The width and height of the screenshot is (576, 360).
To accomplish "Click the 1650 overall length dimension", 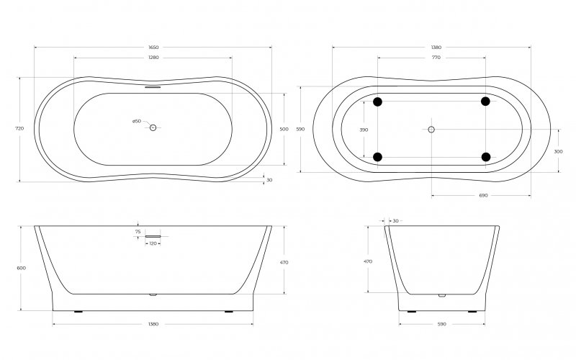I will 153,48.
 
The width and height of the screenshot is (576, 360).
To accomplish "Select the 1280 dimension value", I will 153,58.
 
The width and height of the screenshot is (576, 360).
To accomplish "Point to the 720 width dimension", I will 19,128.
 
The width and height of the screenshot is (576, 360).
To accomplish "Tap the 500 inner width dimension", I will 284,129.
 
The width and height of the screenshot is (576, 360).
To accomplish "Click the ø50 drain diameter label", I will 137,121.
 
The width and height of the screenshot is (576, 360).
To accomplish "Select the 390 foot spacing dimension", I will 364,129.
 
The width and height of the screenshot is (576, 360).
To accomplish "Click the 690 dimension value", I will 483,195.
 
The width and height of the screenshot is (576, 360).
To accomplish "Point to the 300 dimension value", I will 559,152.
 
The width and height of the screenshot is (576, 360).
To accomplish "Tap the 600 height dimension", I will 21,268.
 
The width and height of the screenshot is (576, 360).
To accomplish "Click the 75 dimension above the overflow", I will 137,232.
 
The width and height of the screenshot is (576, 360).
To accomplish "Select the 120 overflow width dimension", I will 153,244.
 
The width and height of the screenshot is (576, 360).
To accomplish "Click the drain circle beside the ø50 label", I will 153,127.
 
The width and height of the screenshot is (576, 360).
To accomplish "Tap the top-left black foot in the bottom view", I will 378,101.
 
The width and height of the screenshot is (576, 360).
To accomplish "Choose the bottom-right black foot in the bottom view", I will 486,157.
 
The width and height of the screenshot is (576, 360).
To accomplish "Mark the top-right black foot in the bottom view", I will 486,101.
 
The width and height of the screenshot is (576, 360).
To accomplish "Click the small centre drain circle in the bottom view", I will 431,129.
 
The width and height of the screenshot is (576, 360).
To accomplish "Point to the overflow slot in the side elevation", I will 153,235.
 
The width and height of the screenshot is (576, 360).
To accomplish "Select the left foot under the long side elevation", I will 78,312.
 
